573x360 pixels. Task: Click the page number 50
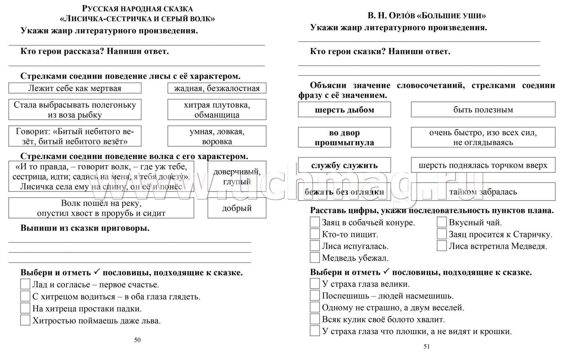[x=137, y=340]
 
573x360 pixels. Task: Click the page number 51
[x=427, y=347]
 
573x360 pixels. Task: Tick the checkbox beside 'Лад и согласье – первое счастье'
[x=25, y=284]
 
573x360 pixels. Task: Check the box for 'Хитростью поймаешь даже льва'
[x=25, y=320]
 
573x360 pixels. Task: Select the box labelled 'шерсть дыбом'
[x=344, y=110]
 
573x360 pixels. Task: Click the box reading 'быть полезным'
[x=483, y=110]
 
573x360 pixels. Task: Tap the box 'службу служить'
[x=344, y=165]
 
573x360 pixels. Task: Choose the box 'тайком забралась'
[x=483, y=192]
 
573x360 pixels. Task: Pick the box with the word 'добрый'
[x=237, y=208]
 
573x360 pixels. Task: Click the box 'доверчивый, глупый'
[x=237, y=176]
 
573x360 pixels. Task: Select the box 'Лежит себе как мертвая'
[x=75, y=88]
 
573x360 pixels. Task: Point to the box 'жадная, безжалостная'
[x=217, y=88]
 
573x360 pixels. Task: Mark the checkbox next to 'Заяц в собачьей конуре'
[x=314, y=222]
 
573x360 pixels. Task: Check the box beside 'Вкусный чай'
[x=442, y=222]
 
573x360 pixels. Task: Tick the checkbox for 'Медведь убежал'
[x=314, y=258]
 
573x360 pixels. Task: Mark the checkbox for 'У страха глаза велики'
[x=314, y=284]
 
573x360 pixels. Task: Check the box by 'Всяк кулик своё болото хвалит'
[x=314, y=319]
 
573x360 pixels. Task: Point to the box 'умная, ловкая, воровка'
[x=217, y=136]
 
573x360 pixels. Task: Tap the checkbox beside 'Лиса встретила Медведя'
[x=442, y=246]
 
